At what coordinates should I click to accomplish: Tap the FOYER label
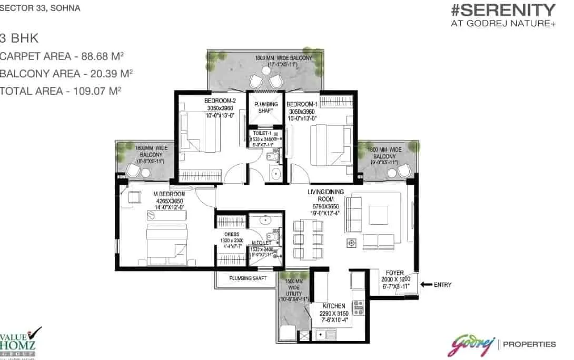[x=395, y=273]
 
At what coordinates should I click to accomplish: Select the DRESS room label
[x=232, y=234]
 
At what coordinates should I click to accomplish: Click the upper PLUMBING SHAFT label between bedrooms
[x=266, y=107]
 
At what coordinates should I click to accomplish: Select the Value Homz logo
[x=20, y=343]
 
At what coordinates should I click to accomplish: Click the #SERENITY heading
[x=503, y=10]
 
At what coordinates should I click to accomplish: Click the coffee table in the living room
[x=378, y=214]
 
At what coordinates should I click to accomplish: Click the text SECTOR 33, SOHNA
[x=40, y=9]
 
